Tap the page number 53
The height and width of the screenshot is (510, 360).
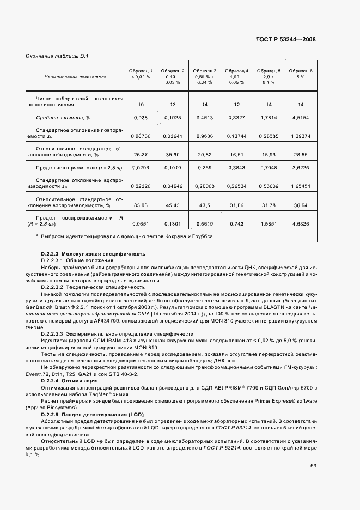314,465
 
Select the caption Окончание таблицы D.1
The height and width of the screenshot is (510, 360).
57,56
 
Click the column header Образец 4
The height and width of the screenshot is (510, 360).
236,71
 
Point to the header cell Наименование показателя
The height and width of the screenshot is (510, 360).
75,77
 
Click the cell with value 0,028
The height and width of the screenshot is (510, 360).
141,117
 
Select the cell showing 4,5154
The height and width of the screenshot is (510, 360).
301,117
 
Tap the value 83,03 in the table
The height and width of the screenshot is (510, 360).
141,205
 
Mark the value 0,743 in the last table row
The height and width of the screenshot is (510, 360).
236,223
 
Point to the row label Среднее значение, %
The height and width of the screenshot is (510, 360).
63,117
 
